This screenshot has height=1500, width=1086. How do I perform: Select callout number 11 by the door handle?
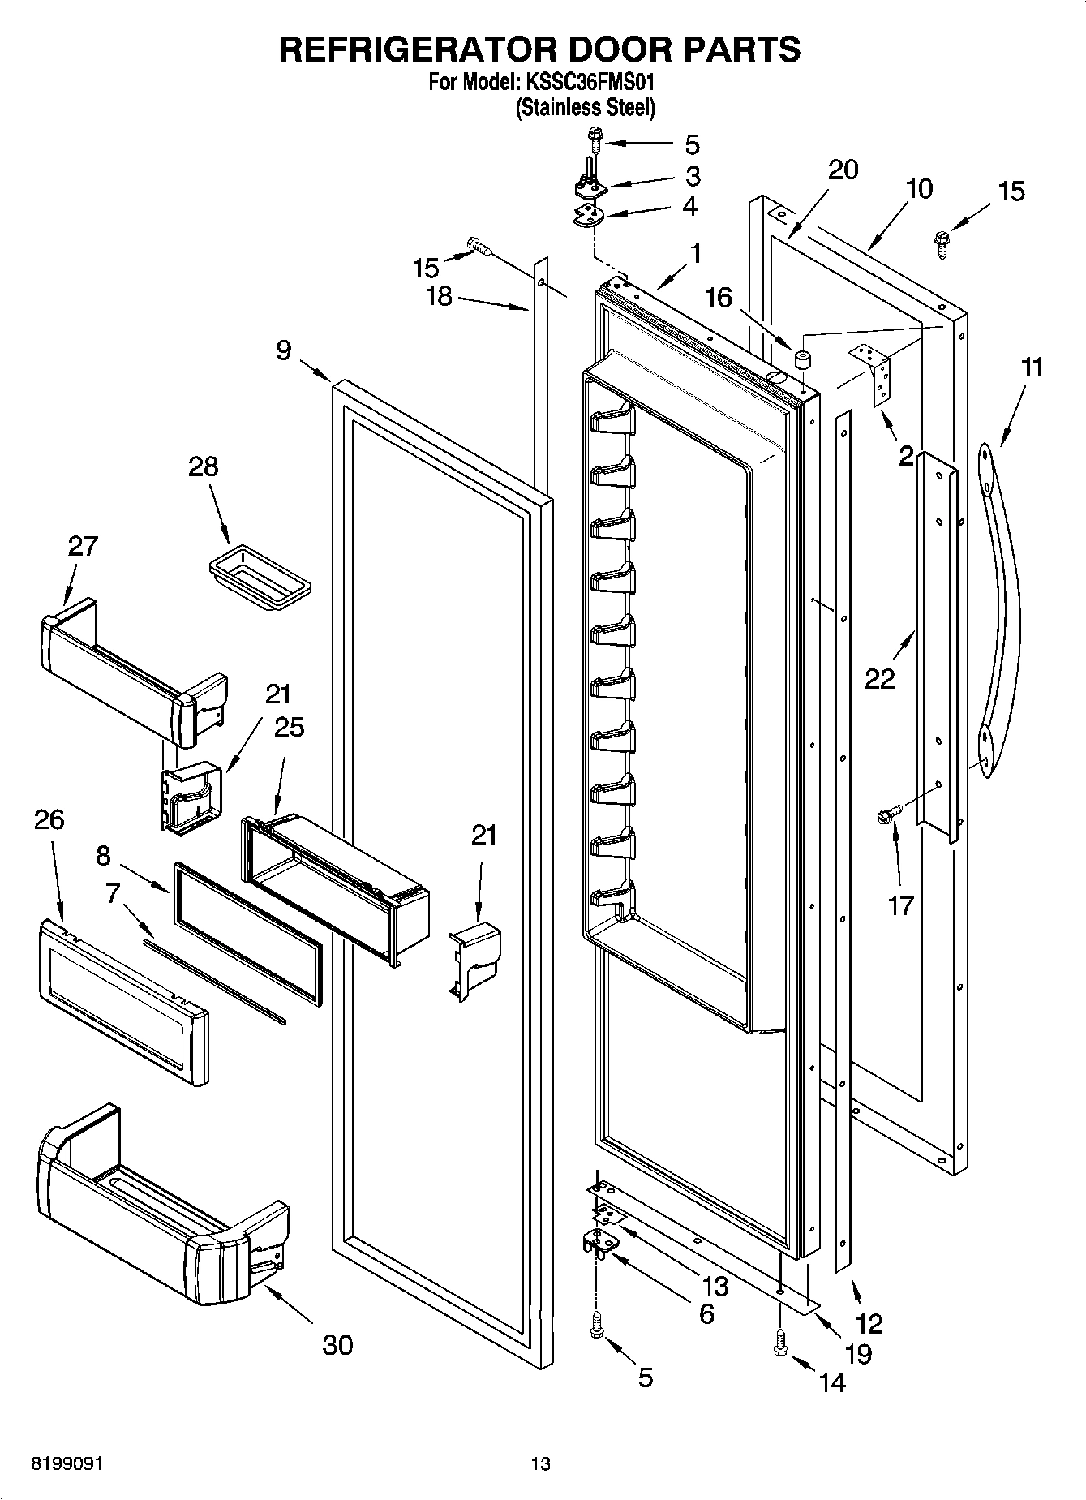click(1031, 367)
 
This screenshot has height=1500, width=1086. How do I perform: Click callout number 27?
click(83, 545)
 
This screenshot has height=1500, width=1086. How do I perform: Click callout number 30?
click(337, 1344)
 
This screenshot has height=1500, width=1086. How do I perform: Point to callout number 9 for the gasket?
click(283, 350)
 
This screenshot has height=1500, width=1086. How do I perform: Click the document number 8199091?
click(67, 1463)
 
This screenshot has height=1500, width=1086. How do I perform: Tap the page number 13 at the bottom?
click(540, 1463)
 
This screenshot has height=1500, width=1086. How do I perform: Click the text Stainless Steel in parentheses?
click(586, 107)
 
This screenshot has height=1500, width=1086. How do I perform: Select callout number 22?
click(879, 677)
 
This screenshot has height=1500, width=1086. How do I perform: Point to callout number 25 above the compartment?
click(288, 727)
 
